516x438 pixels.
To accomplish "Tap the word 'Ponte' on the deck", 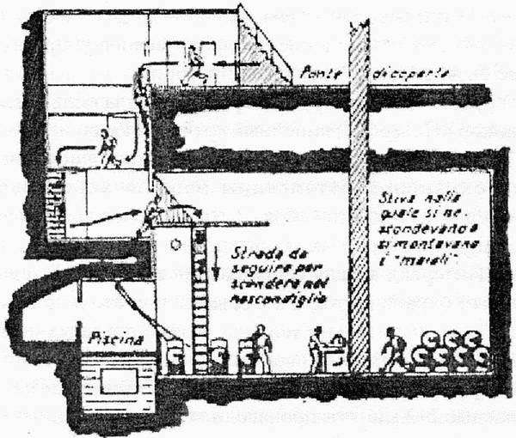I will point(319,75).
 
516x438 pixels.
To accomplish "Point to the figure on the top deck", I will point(195,63).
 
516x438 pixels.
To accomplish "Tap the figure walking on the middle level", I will point(107,149).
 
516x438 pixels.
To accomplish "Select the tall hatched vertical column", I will point(359,189).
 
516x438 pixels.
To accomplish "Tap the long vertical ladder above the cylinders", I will point(200,283).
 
